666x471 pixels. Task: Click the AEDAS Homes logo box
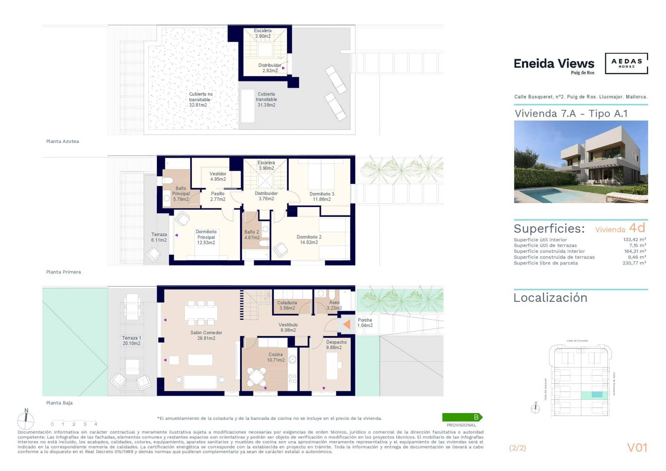[x=626, y=63]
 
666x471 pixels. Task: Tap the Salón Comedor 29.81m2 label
[x=206, y=336]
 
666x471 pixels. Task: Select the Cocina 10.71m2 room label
[x=276, y=357]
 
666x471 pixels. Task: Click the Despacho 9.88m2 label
[x=335, y=345]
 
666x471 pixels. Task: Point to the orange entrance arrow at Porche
[x=346, y=324]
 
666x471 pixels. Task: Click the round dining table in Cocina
[x=257, y=376]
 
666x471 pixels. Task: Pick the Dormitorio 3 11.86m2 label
[x=321, y=197]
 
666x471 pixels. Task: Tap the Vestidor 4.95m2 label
[x=218, y=177]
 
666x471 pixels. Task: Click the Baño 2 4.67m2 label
[x=251, y=235]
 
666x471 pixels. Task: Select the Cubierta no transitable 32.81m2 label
[x=200, y=100]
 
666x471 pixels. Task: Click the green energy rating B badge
[x=462, y=417]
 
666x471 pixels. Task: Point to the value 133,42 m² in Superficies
[x=634, y=239]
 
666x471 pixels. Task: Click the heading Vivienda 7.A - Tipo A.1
[x=571, y=114]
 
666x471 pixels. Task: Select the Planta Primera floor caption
[x=63, y=272]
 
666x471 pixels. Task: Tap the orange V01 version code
[x=637, y=448]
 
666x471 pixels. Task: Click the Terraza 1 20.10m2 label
[x=132, y=341]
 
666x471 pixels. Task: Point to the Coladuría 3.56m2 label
[x=287, y=305]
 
